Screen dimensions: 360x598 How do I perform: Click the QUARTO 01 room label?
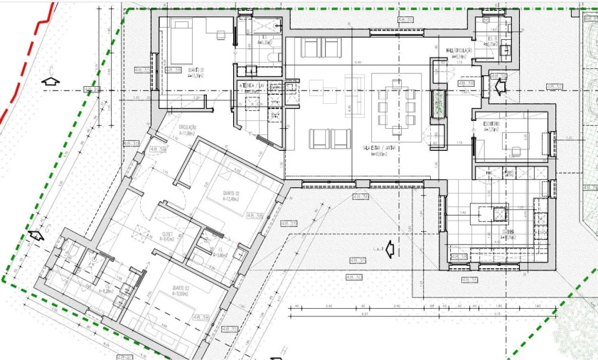coord(196,70)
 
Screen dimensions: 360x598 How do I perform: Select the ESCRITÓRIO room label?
coord(491,125)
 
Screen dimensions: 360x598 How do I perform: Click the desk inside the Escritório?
coord(516,143)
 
